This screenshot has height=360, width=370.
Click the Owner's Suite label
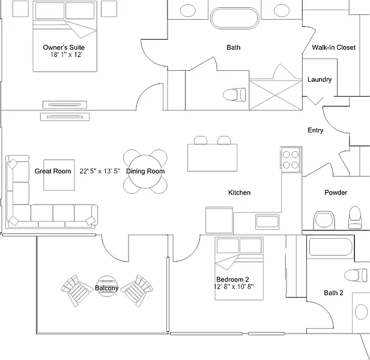(64, 47)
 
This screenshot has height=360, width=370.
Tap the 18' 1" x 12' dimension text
(66, 55)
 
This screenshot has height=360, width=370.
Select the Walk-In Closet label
(333, 47)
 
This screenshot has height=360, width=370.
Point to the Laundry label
(320, 80)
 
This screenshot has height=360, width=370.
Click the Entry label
(315, 130)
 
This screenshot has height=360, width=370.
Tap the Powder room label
(336, 193)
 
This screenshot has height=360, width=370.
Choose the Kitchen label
(239, 193)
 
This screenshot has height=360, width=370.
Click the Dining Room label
(145, 171)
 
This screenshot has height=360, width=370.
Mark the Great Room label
(53, 171)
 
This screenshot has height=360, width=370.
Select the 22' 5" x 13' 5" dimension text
(100, 171)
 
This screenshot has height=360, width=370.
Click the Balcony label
(106, 288)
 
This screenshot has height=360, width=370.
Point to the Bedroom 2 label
(232, 280)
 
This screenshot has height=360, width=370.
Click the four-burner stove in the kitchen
(291, 158)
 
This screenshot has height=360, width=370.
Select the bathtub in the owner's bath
(234, 18)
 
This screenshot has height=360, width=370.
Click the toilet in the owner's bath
(234, 94)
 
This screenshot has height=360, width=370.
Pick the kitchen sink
(267, 221)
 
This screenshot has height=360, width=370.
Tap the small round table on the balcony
(108, 281)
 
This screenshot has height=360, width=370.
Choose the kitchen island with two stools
(212, 156)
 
